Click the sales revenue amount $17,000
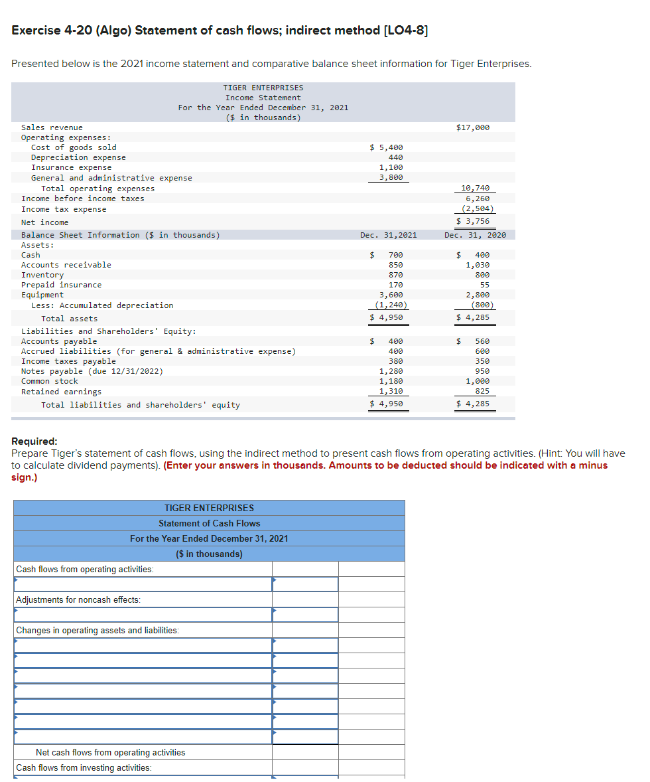473,127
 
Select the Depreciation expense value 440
395,157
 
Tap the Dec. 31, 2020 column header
475,235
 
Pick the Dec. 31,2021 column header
388,235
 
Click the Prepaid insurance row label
62,285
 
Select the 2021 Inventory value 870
395,275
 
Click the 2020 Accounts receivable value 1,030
478,265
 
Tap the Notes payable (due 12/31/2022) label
92,371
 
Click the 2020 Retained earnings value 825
482,392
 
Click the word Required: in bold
34,441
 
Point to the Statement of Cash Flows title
209,523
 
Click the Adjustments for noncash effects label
78,600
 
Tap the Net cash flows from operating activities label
110,753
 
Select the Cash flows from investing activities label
84,768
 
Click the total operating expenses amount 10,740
475,189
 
